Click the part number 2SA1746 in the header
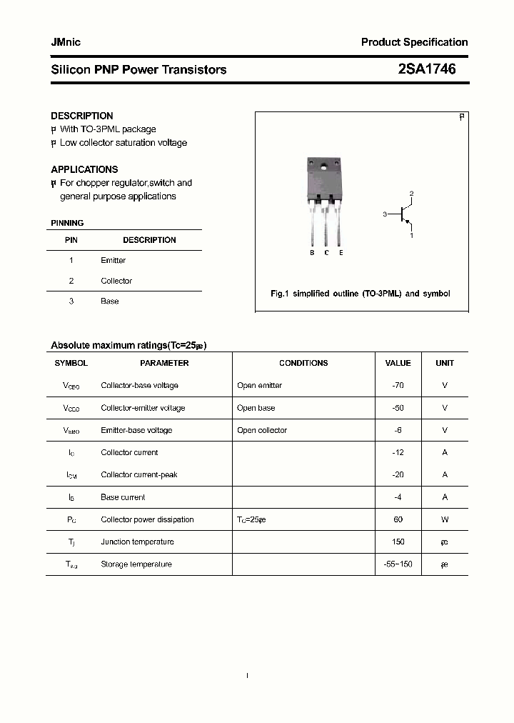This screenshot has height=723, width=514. (426, 69)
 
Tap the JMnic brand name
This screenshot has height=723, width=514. (66, 42)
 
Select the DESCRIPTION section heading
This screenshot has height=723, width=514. (82, 116)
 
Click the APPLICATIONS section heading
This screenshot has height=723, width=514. (84, 169)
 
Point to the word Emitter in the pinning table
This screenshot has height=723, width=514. (113, 261)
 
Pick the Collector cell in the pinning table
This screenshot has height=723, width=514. (116, 281)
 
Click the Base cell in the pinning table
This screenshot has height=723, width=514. (110, 301)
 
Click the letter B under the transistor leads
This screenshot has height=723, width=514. (312, 253)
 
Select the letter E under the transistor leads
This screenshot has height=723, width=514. (341, 253)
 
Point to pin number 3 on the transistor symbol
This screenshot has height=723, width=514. (385, 214)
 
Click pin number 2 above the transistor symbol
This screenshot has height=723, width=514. (411, 194)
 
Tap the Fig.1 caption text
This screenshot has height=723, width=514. (361, 294)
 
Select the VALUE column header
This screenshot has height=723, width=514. (398, 363)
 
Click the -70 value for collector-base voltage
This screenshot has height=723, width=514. (398, 386)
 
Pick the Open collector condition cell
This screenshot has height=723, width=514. (262, 430)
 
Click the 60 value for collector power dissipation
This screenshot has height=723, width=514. (398, 519)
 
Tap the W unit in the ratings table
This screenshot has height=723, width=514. (445, 519)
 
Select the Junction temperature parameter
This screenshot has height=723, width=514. (136, 542)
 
